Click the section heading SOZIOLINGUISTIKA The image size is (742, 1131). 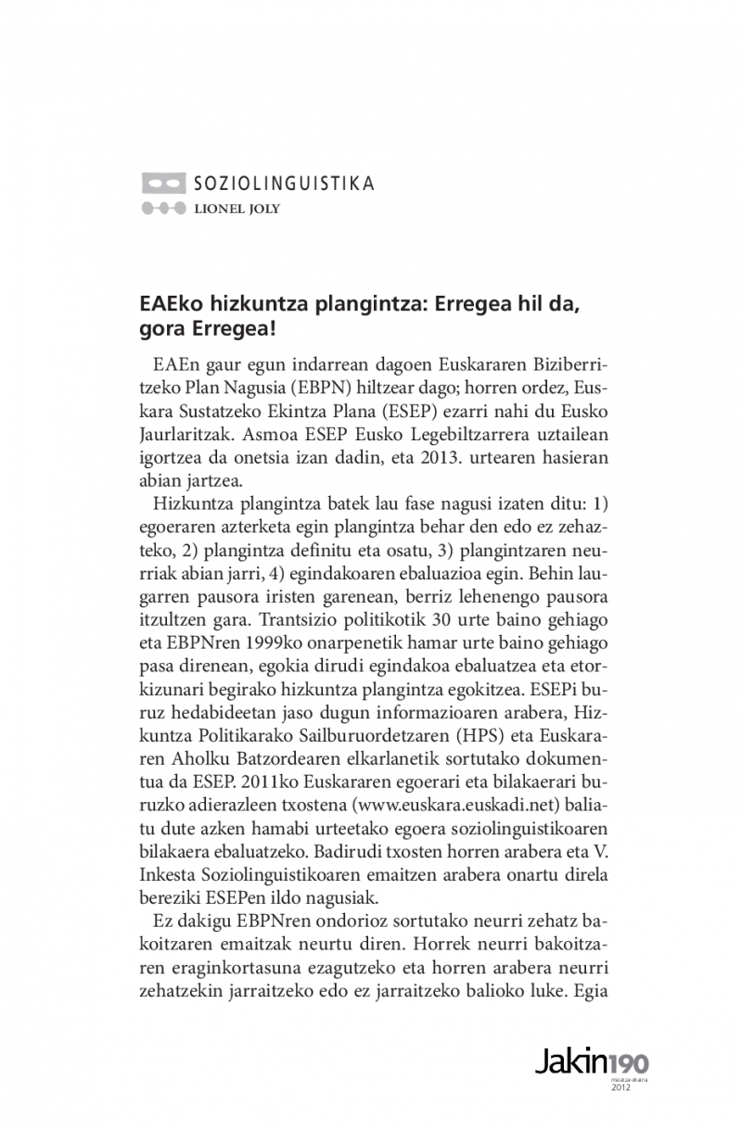click(284, 183)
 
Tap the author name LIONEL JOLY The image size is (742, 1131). click(237, 209)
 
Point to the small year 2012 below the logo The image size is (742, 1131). click(621, 1087)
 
